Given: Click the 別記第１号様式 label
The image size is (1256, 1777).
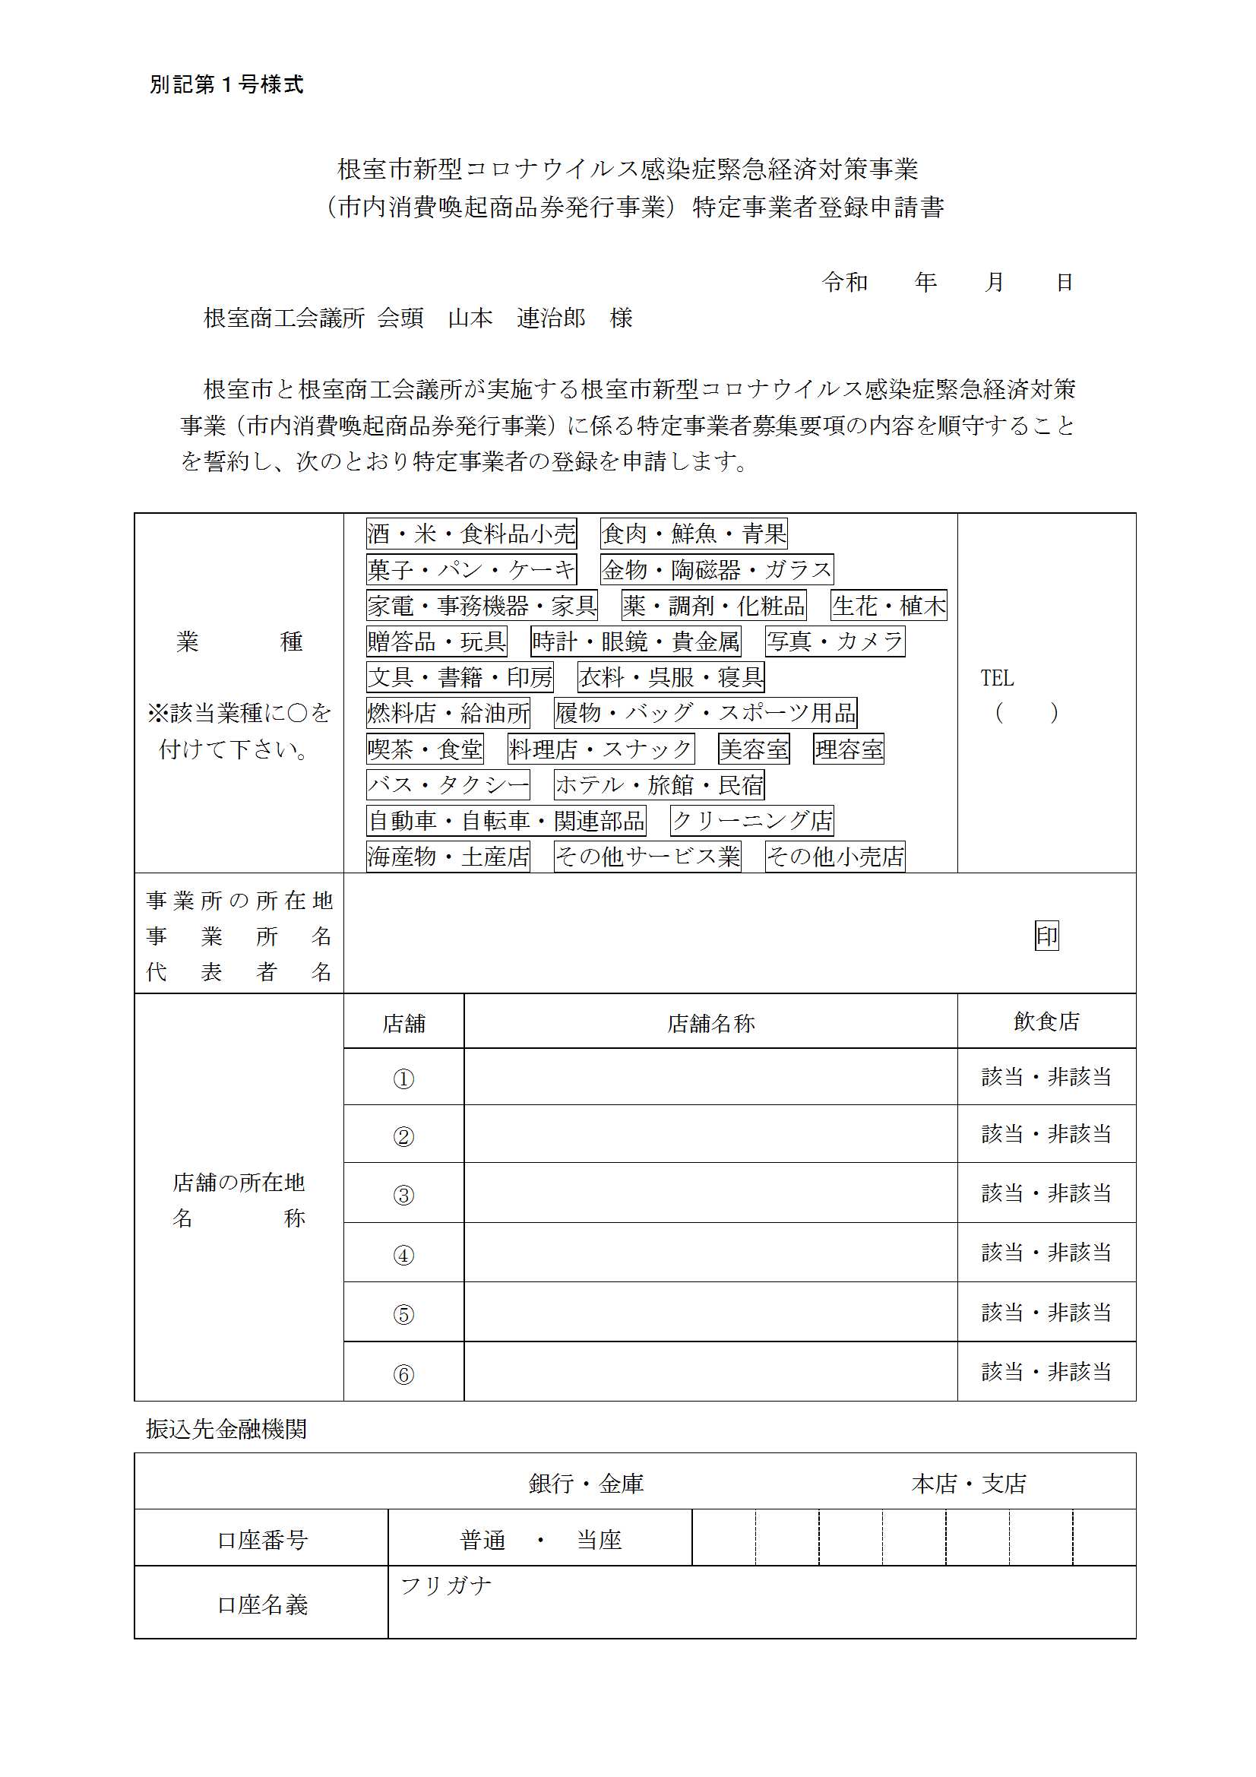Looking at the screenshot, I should [x=226, y=84].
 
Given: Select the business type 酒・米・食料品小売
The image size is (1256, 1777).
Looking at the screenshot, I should [x=471, y=534].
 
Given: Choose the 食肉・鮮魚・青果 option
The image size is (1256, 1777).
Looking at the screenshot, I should [x=694, y=534].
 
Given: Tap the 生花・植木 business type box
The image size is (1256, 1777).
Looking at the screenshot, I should [x=888, y=605].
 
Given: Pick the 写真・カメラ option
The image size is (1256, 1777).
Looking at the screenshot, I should [x=835, y=641].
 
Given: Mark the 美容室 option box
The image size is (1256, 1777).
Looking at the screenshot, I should [x=754, y=749].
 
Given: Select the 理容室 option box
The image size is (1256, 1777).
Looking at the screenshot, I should [x=848, y=749].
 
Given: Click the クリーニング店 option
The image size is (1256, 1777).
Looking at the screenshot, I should [x=751, y=820].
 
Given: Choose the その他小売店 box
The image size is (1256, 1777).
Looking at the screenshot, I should [x=835, y=856].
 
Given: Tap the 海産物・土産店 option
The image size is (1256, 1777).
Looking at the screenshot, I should [x=448, y=856].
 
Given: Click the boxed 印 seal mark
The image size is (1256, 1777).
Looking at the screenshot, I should [x=1046, y=936].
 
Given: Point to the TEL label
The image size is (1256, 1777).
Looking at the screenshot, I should [x=997, y=678].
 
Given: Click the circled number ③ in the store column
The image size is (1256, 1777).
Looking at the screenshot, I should [x=403, y=1195].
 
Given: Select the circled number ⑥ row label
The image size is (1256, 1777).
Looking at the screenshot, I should [x=403, y=1374].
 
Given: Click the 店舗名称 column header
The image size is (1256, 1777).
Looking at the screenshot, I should [x=710, y=1024].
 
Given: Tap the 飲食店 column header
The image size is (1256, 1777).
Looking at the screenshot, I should [x=1046, y=1022].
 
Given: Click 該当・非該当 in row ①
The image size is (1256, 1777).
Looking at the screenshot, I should [x=1046, y=1076].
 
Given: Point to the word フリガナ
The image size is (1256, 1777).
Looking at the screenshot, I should [x=446, y=1585].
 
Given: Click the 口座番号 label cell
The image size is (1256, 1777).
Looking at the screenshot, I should [x=262, y=1540].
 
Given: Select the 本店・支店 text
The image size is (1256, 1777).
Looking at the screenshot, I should [x=969, y=1484].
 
